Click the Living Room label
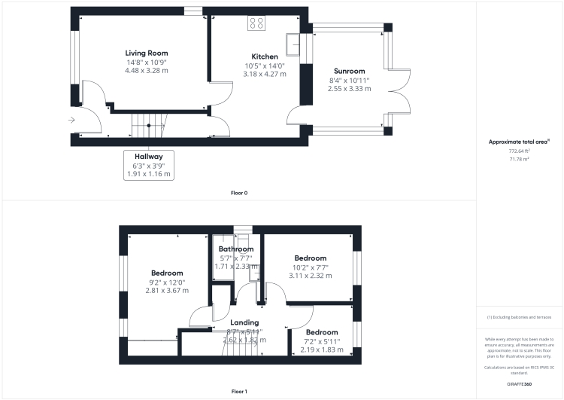(x=147, y=53)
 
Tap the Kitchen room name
(x=265, y=56)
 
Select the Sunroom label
(x=348, y=71)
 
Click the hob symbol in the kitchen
(x=256, y=23)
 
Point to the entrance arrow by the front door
(x=71, y=120)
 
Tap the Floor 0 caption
(x=239, y=193)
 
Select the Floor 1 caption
(x=239, y=392)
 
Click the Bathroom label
(x=236, y=249)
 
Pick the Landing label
(x=244, y=322)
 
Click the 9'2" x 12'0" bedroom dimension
(x=167, y=282)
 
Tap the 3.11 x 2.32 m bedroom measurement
(x=310, y=276)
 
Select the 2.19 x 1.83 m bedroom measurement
(x=321, y=350)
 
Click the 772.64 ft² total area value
(x=519, y=151)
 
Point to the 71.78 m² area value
(x=519, y=160)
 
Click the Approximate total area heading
(x=519, y=142)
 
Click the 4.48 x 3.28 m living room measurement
(x=147, y=70)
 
